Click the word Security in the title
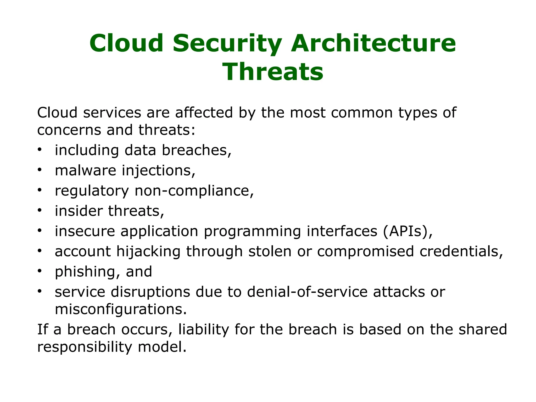coord(227,43)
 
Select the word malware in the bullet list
coord(85,170)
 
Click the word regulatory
coord(92,191)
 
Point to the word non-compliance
coord(194,191)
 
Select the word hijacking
coord(148,252)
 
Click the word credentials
coord(461,251)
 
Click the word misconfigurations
coord(121,309)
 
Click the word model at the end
coord(162,347)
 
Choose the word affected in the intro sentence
coord(204,113)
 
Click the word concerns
coord(69,130)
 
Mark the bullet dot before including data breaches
coord(40,149)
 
